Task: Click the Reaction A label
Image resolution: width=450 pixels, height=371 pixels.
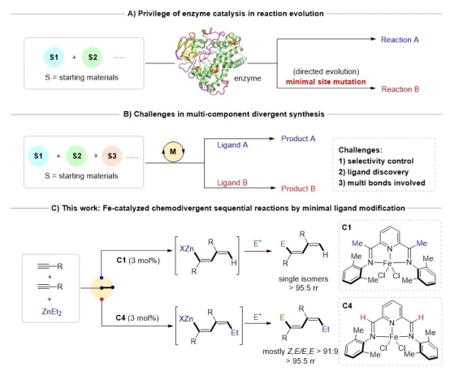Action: coord(400,40)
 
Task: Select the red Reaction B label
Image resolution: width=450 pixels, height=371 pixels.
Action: coord(400,89)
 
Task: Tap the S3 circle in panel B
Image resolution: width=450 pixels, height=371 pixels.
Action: coord(112,156)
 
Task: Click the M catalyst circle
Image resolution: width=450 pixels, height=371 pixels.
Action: coord(173,151)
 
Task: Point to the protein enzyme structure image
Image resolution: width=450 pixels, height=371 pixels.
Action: coord(211,61)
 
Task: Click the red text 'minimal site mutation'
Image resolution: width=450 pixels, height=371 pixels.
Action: coord(326,82)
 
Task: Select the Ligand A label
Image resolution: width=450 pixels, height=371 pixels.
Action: coord(232,145)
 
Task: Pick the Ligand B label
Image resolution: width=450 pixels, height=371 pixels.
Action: coord(231,183)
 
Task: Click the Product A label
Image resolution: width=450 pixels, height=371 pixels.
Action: coord(298,139)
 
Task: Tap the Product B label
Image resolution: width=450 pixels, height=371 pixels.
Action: coord(298,188)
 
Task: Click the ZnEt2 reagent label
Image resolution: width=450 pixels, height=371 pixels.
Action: coord(52,312)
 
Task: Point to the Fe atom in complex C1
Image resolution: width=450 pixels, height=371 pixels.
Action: coord(387,262)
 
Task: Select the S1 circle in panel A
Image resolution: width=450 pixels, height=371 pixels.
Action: coord(54,57)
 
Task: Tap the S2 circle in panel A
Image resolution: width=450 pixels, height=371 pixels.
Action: coord(93,57)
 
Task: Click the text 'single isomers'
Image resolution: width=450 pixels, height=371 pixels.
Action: coord(303,279)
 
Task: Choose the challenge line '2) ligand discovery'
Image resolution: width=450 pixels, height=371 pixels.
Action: coord(374,172)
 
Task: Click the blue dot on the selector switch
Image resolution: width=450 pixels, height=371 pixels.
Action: coord(102,278)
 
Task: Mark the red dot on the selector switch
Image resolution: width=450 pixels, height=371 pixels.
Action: coord(102,300)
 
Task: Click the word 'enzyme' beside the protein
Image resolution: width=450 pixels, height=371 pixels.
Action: coord(248,78)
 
